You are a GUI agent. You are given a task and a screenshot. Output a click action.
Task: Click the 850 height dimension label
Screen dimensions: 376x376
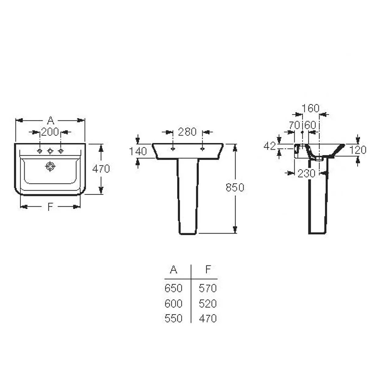click(235, 187)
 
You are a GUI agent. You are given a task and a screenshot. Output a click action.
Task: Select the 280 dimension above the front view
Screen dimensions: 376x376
click(187, 132)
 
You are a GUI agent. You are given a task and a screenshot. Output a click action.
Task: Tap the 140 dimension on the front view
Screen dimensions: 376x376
click(138, 151)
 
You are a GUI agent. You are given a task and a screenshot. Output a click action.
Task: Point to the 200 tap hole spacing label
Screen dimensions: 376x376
click(50, 132)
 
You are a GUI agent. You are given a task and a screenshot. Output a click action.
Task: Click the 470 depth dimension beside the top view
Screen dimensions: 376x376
click(101, 169)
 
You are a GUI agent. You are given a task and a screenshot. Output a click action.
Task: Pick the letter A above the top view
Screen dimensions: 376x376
click(51, 120)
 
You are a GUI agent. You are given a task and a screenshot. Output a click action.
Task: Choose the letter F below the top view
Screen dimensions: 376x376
click(50, 206)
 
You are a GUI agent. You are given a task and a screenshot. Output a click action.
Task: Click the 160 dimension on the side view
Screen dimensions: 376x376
click(310, 108)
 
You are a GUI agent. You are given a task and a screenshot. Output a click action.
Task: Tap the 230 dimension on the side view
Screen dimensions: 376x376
click(307, 173)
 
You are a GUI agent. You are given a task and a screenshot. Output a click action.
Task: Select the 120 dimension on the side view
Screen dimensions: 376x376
click(358, 150)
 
